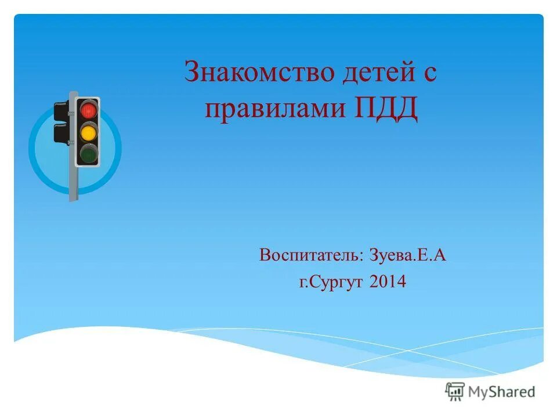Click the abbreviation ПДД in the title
coord(384,109)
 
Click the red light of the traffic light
coord(88,110)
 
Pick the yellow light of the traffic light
coord(88,132)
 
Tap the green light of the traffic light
coord(88,154)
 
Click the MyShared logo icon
coord(455,391)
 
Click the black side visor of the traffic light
coord(61,110)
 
